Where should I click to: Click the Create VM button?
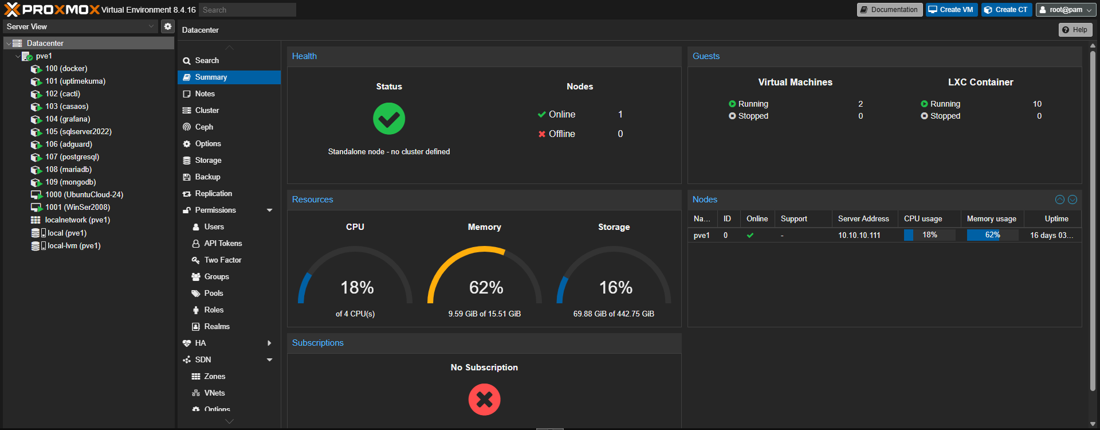(951, 10)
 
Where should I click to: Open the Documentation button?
(889, 10)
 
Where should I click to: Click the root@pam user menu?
(1066, 10)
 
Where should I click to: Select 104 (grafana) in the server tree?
(68, 119)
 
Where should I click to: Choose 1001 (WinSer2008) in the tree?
(77, 208)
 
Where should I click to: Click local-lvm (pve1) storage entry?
(74, 246)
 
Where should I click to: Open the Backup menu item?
(207, 177)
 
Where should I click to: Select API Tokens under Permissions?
(223, 244)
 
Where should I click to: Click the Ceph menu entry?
(204, 127)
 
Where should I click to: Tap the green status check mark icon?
(389, 119)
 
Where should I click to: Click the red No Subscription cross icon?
(484, 400)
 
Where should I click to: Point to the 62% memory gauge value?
(486, 287)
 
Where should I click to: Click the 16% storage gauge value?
(615, 287)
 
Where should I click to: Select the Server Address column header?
(863, 219)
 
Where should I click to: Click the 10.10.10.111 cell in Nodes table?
(859, 236)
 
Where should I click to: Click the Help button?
(1075, 30)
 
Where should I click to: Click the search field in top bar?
(247, 10)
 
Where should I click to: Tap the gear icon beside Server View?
(168, 26)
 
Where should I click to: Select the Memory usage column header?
(991, 219)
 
